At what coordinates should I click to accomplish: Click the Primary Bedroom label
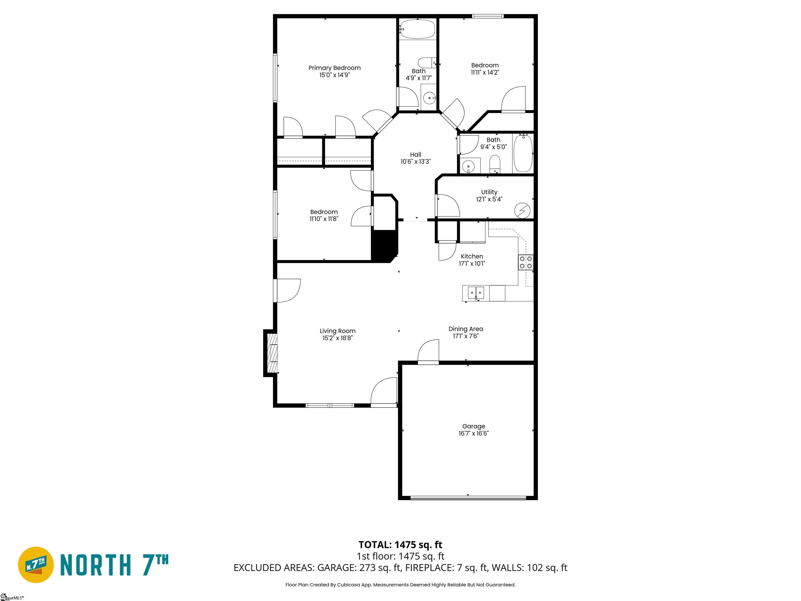pyautogui.click(x=334, y=68)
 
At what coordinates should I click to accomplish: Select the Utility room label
pyautogui.click(x=489, y=192)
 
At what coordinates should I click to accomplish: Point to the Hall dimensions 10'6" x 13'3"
pyautogui.click(x=415, y=161)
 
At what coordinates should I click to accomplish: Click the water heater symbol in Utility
pyautogui.click(x=522, y=211)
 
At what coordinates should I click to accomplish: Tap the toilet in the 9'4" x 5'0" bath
pyautogui.click(x=495, y=164)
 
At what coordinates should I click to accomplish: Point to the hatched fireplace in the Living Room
pyautogui.click(x=272, y=353)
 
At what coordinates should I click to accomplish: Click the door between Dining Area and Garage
pyautogui.click(x=428, y=351)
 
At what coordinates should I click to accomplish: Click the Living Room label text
pyautogui.click(x=337, y=331)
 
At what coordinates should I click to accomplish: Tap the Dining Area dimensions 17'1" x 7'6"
pyautogui.click(x=466, y=336)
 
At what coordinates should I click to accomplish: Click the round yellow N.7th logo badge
pyautogui.click(x=36, y=564)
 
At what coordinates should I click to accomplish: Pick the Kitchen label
pyautogui.click(x=472, y=256)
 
